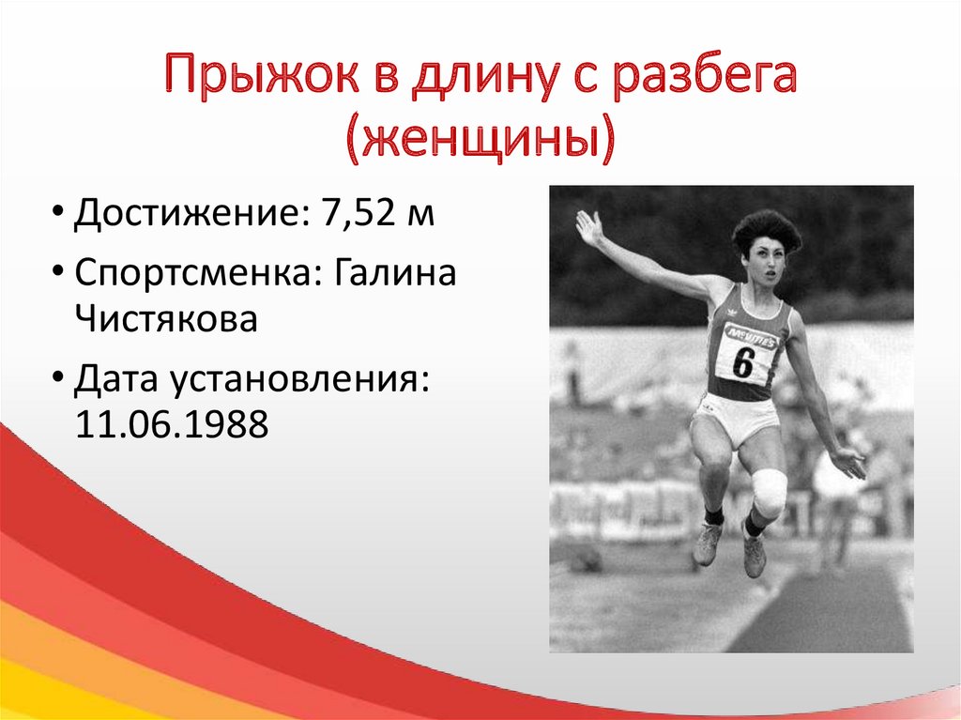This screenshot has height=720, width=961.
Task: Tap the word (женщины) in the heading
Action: point(480,139)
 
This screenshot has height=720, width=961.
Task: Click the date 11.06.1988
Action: point(172,423)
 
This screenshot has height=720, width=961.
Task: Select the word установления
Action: point(299,379)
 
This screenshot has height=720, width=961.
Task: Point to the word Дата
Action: point(115,378)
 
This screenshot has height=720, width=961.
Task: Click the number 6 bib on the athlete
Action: point(744,360)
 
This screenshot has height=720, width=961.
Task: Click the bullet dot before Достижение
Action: point(57,211)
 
